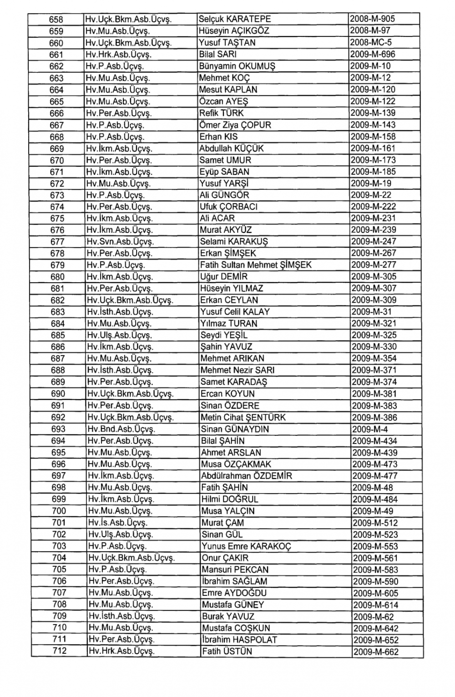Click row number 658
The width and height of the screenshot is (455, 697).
coord(56,20)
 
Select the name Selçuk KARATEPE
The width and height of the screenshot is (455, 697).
coord(235,19)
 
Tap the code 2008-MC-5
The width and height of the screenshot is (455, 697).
coord(371,43)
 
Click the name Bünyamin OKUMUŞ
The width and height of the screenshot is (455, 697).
coord(238,66)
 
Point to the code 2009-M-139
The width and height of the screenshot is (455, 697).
coord(373,113)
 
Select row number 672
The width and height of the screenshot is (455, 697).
coord(57,184)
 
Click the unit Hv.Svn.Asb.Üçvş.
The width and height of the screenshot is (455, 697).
coord(120,242)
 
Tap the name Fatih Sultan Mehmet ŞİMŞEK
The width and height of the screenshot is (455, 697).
coord(256,265)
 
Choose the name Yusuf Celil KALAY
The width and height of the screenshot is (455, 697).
coord(235,312)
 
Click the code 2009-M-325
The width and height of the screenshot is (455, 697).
coord(374,335)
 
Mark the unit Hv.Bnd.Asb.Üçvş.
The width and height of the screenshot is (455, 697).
coord(121,429)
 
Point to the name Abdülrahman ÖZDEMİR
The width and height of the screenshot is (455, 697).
coord(247,476)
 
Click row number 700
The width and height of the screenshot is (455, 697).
coord(59,511)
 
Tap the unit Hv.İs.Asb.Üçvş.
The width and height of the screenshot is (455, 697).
coord(117,523)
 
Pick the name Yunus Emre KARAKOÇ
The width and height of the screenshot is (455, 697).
coord(246,546)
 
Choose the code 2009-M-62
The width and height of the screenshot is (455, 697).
coord(373,617)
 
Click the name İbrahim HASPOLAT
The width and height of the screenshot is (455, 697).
coord(239,640)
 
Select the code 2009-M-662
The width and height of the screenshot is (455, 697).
coord(375,652)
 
